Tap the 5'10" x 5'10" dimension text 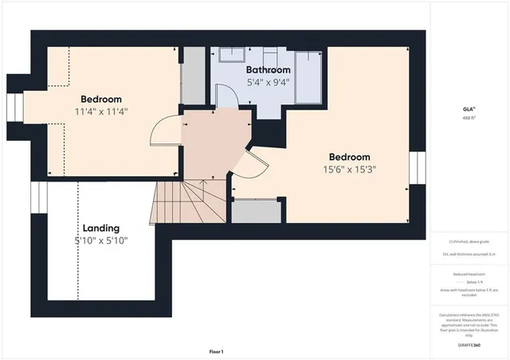tap(101, 241)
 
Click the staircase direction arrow tap(204, 192)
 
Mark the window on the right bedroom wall tap(414, 169)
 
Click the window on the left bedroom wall tap(14, 107)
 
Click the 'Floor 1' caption tap(216, 351)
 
